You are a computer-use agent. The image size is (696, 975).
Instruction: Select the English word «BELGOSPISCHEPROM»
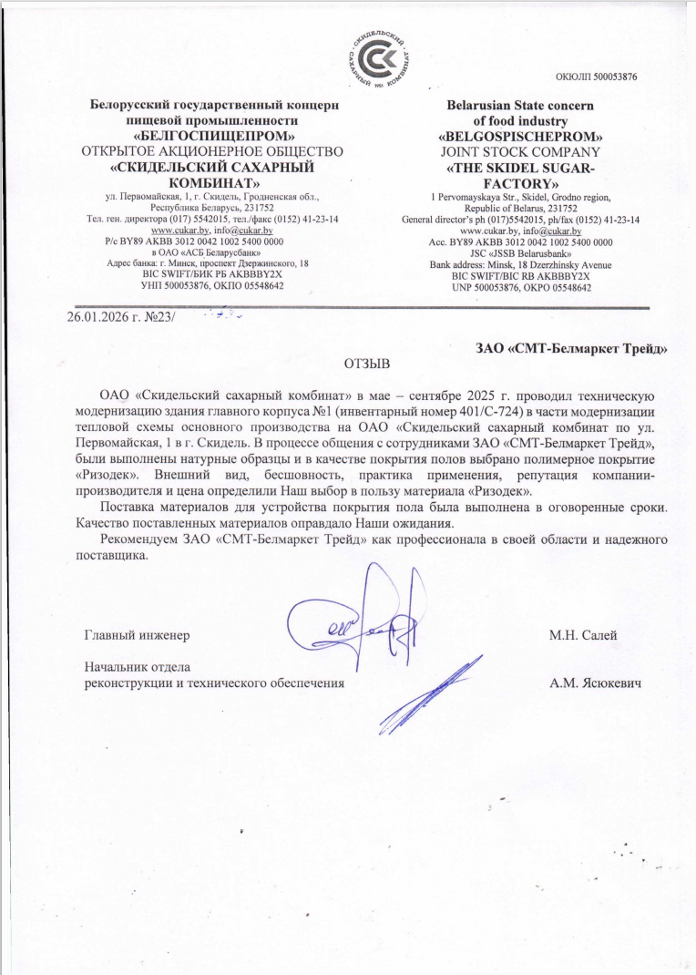click(520, 136)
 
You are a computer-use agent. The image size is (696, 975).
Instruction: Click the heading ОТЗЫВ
click(366, 364)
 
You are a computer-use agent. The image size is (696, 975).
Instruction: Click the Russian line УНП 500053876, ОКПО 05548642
click(213, 285)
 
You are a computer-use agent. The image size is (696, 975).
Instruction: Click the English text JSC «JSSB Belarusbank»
click(520, 253)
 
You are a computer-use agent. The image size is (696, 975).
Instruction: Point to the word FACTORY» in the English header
click(520, 184)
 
